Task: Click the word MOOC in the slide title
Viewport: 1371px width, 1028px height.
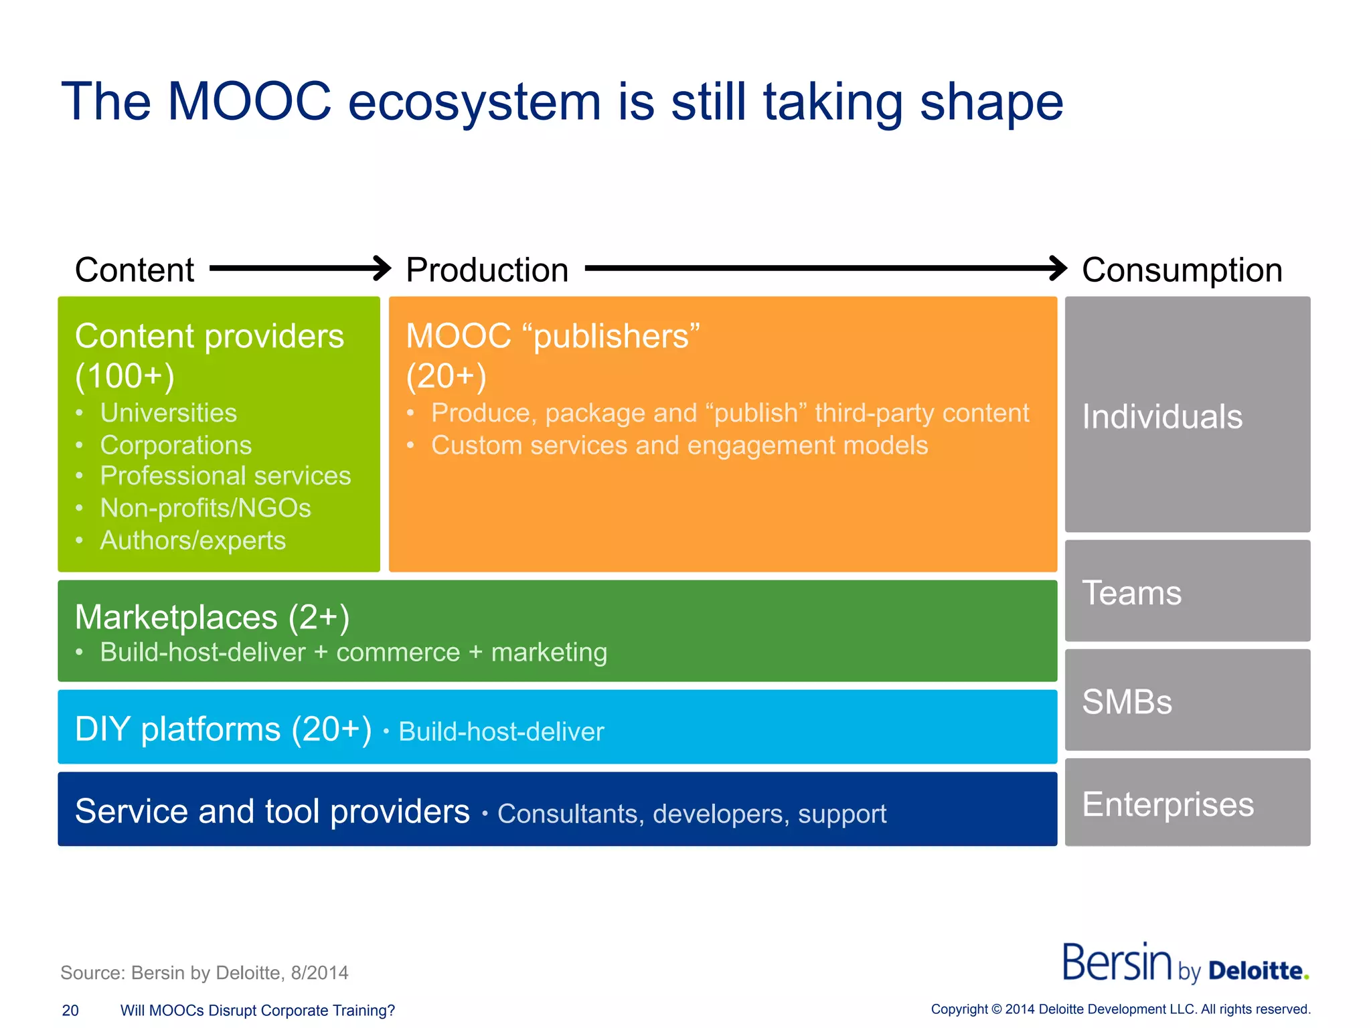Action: [249, 102]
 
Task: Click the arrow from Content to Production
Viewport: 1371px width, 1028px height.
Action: [300, 268]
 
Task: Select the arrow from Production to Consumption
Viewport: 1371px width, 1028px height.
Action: [825, 268]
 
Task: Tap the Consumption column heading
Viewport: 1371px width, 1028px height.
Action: [1182, 270]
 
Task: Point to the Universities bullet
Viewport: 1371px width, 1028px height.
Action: [168, 413]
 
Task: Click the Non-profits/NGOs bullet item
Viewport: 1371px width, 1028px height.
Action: [205, 508]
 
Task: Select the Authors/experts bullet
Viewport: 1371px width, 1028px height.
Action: [193, 541]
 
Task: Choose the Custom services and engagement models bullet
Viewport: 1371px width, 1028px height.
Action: [679, 446]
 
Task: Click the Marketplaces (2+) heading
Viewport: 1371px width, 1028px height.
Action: [212, 617]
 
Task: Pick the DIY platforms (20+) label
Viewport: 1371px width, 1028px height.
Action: [223, 729]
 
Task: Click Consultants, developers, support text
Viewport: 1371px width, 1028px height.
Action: [692, 814]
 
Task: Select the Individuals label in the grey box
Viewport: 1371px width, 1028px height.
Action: [1162, 416]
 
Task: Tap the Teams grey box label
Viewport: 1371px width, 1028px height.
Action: [1131, 593]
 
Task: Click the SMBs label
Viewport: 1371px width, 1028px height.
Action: [1127, 702]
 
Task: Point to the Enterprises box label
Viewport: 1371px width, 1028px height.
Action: [1167, 804]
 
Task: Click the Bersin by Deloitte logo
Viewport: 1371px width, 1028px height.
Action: [1185, 964]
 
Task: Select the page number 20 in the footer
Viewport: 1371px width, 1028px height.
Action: [70, 1011]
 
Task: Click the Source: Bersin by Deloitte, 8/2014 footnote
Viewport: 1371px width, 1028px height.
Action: [204, 972]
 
